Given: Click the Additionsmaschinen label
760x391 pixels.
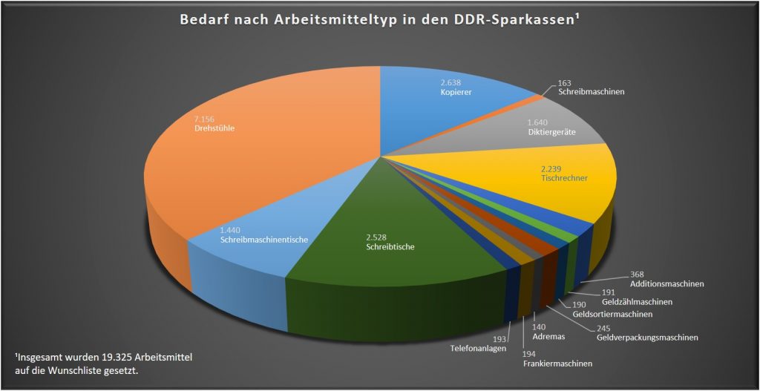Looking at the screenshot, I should tap(666, 283).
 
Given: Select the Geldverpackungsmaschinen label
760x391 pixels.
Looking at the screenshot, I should tap(648, 338).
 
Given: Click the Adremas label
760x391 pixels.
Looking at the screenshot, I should tap(548, 337).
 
